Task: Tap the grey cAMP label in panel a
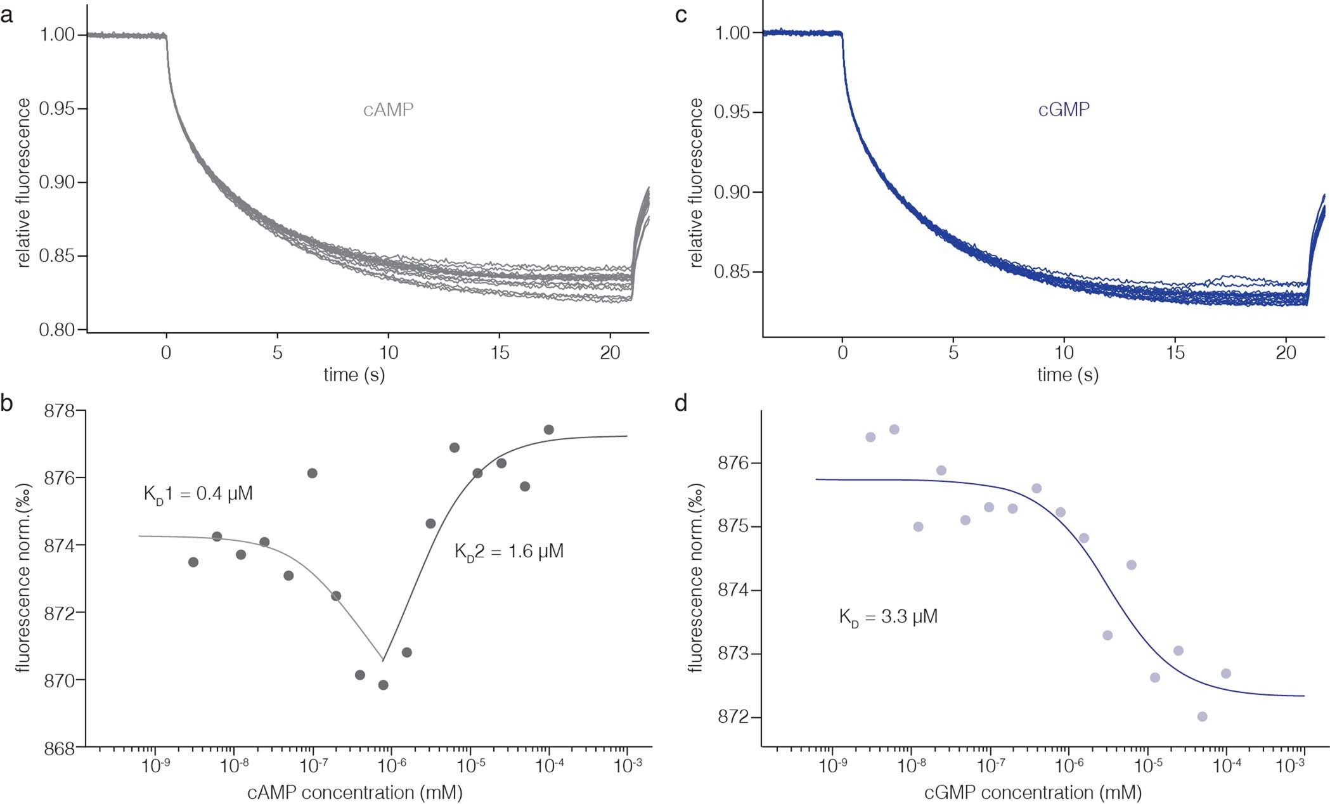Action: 388,110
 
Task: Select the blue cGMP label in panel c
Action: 1064,110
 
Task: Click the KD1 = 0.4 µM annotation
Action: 198,494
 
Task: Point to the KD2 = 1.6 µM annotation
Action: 508,552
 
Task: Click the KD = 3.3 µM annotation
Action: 888,616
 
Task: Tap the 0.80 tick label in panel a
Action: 58,330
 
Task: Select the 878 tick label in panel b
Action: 59,412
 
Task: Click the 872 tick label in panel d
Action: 733,717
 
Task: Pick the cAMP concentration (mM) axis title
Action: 354,793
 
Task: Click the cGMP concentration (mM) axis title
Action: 1033,793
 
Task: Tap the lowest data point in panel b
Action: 383,685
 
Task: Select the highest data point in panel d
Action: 894,429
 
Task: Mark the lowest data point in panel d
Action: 1202,716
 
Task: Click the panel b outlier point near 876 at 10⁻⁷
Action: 312,473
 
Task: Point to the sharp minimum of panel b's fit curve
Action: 383,660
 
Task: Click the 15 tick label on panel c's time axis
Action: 1175,353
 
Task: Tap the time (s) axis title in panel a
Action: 354,375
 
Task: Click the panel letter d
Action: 681,403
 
